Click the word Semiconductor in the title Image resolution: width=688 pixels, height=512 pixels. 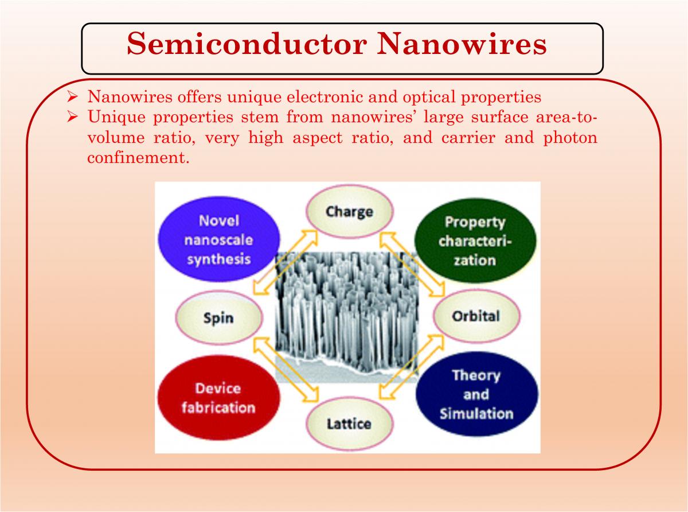[x=247, y=44]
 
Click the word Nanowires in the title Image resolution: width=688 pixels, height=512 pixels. [x=462, y=44]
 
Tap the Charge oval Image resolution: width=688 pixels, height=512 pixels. [x=350, y=212]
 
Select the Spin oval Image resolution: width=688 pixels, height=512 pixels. [x=218, y=317]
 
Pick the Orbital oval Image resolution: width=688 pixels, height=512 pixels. [x=476, y=316]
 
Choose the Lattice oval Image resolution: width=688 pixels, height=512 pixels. [x=349, y=424]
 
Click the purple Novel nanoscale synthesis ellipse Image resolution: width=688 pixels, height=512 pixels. [x=219, y=239]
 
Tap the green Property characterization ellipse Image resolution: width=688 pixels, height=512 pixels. [x=475, y=241]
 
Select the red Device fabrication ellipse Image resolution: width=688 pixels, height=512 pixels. [x=218, y=398]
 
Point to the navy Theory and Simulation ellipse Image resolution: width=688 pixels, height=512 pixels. [x=477, y=394]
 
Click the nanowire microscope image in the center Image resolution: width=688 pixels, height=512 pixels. [x=347, y=316]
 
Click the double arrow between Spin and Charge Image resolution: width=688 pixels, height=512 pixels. [x=286, y=262]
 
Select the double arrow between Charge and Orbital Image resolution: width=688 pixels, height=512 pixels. [x=412, y=264]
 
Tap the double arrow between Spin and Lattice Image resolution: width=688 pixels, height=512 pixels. [x=286, y=369]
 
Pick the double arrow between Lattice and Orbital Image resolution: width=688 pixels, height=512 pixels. [x=412, y=367]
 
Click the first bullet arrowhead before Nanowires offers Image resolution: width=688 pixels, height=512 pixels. [x=72, y=97]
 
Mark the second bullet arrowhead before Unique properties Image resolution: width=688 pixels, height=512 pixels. [x=72, y=118]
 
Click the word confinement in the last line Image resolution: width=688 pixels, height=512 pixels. [x=138, y=157]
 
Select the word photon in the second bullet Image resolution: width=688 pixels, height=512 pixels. [x=570, y=138]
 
